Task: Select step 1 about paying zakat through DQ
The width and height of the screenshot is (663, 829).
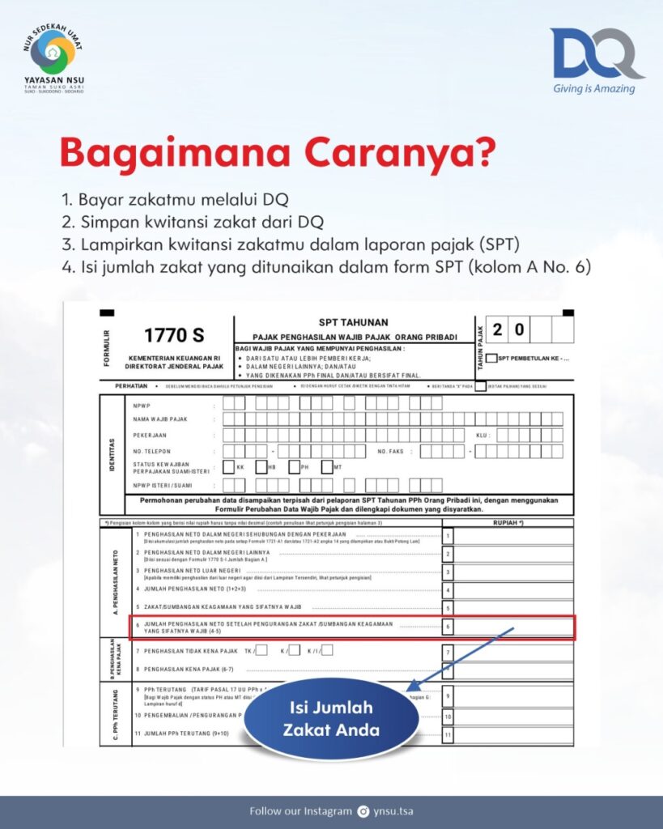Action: (x=175, y=198)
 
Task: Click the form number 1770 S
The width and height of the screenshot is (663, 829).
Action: (x=174, y=334)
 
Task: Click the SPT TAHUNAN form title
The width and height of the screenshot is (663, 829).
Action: (x=354, y=321)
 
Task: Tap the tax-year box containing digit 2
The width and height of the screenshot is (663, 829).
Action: (x=497, y=329)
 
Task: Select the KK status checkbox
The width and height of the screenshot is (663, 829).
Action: (x=229, y=467)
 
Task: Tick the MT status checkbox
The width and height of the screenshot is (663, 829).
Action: (x=327, y=467)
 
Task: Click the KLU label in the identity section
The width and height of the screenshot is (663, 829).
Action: (x=483, y=436)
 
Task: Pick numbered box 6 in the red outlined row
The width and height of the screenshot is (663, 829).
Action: (x=448, y=627)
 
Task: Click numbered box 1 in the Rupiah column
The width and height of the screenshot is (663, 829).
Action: (x=448, y=536)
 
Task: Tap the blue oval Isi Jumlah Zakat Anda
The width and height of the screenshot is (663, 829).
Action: (x=331, y=718)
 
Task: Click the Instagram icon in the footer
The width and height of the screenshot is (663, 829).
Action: (x=363, y=811)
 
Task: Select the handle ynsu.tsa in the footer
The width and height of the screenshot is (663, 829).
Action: (x=395, y=811)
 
